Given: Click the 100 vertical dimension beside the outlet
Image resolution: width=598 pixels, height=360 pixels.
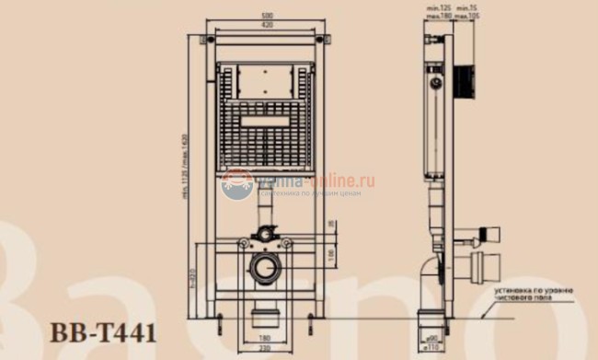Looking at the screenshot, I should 331,255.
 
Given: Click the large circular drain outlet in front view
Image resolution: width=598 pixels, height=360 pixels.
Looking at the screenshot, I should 267,272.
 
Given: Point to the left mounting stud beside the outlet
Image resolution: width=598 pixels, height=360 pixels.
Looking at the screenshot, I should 243,245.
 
